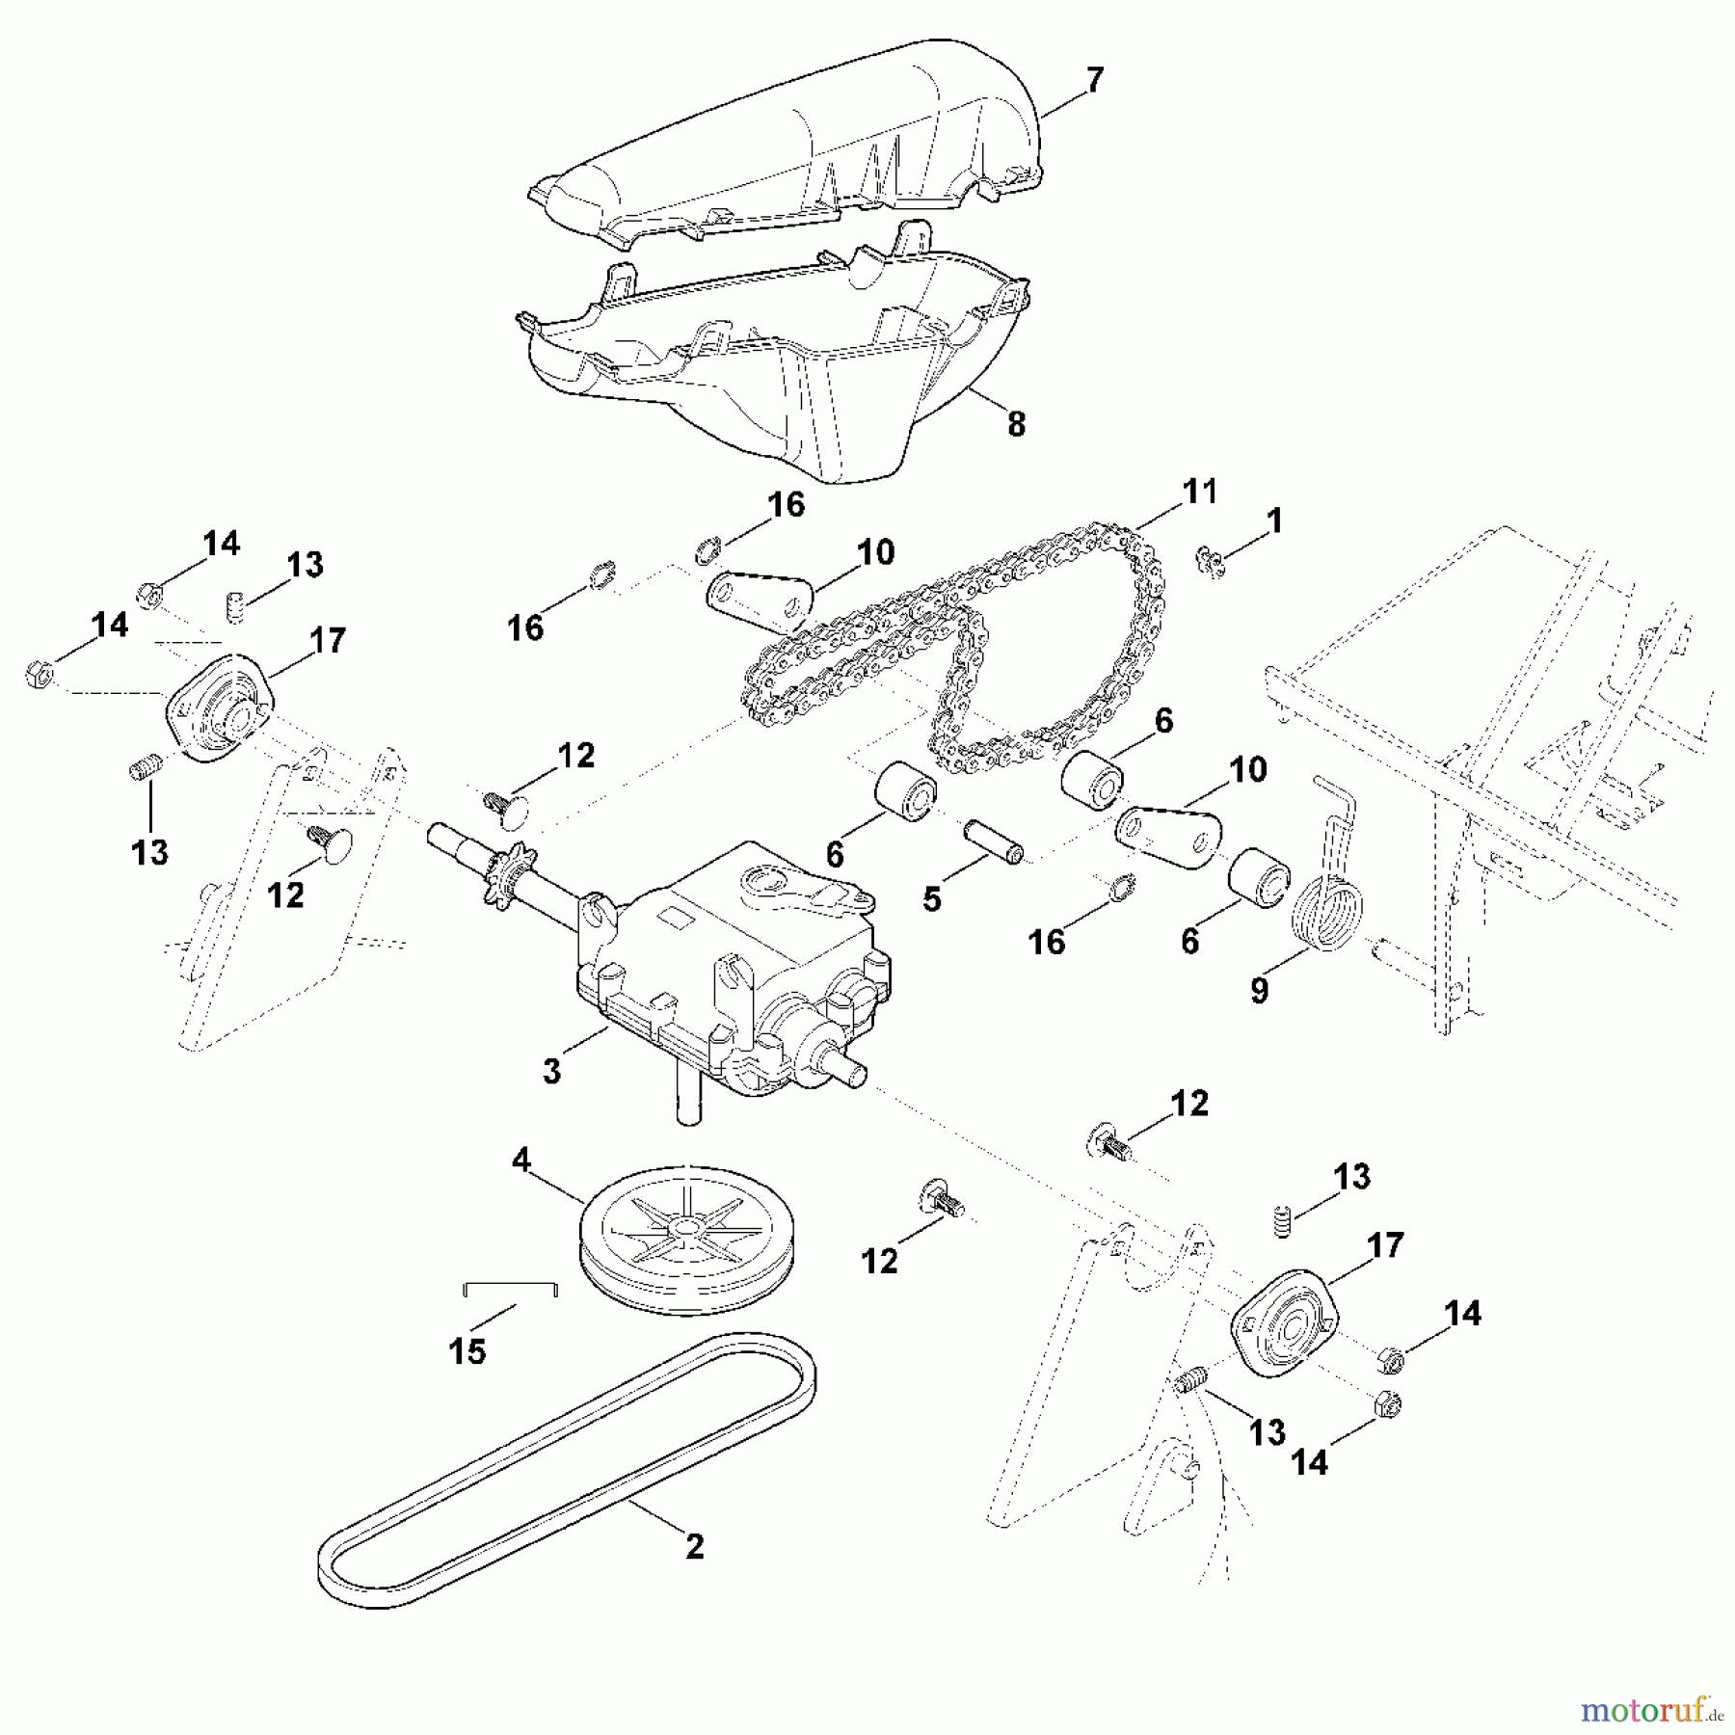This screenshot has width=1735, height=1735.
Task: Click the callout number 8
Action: click(x=1016, y=423)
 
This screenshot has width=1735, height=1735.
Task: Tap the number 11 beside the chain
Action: click(x=1199, y=492)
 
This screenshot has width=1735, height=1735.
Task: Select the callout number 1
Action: click(x=1274, y=521)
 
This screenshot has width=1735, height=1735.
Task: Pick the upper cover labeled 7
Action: click(x=790, y=145)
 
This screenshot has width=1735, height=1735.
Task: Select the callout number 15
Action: click(x=467, y=1350)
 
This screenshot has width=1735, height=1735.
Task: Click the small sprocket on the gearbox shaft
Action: click(x=505, y=864)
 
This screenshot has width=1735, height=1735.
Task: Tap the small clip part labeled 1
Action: click(x=1210, y=560)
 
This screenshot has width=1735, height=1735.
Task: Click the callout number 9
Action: click(x=1260, y=990)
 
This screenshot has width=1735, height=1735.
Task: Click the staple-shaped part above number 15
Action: click(x=511, y=1288)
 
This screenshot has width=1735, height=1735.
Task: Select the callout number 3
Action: click(x=551, y=1071)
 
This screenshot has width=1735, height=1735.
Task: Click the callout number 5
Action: click(x=931, y=898)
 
